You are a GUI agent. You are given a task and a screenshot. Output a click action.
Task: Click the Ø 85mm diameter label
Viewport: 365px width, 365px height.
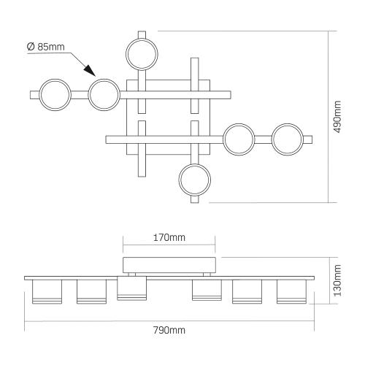coord(46,47)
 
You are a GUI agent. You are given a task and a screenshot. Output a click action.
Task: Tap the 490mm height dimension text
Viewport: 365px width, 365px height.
coord(337,117)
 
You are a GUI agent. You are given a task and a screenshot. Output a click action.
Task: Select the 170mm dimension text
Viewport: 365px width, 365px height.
coord(169,237)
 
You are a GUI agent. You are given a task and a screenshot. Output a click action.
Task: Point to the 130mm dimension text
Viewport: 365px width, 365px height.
coord(337,280)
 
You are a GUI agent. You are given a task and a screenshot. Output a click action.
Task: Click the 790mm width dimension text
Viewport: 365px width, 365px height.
coord(169,330)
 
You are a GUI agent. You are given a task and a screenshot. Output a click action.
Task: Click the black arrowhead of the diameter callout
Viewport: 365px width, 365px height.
coord(90,70)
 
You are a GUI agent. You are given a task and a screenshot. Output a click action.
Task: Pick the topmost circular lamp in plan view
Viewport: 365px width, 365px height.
coord(142,54)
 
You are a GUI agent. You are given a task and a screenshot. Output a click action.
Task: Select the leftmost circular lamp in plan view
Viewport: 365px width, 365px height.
coord(55,95)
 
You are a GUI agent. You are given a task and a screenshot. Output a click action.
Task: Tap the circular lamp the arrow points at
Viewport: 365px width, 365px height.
coord(104,95)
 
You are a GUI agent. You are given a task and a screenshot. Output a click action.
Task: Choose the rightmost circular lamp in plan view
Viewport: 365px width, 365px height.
coord(288,139)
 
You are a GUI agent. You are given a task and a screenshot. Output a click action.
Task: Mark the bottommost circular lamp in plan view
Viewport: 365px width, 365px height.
coord(195,180)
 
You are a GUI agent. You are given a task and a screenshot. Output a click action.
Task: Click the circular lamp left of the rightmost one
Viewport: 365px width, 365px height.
coord(239,139)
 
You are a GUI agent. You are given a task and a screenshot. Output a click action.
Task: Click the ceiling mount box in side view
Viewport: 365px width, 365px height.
coord(169,265)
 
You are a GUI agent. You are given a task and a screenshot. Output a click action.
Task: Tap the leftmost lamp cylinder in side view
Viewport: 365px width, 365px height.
coord(47,291)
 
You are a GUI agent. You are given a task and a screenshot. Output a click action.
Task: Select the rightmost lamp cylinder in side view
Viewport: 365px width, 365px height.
coord(291,291)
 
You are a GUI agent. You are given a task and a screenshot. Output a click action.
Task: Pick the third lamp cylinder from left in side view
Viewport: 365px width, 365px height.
coord(131,288)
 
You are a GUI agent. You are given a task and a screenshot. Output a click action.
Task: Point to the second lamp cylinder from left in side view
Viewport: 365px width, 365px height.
coord(91,291)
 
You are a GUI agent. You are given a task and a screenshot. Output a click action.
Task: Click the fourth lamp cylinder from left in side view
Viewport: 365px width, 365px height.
coord(207,290)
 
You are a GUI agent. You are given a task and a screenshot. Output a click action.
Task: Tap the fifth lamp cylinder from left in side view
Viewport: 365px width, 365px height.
coord(247,291)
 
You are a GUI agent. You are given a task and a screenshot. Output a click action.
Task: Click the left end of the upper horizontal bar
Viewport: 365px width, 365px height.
coord(30,95)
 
